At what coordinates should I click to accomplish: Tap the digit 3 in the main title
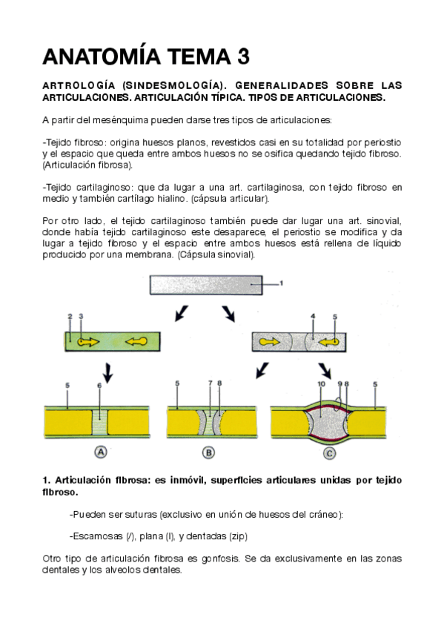[x=244, y=56]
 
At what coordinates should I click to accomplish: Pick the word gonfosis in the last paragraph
[x=220, y=559]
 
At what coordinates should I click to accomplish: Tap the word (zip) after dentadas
[x=238, y=536]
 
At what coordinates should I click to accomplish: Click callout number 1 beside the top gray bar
[x=282, y=283]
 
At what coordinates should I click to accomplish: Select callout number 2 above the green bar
[x=70, y=317]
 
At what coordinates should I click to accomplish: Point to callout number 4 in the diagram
[x=313, y=317]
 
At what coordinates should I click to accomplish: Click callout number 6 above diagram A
[x=99, y=386]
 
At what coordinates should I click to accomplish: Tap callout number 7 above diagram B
[x=211, y=383]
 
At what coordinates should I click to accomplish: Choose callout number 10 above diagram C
[x=322, y=384]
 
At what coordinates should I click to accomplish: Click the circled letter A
[x=101, y=452]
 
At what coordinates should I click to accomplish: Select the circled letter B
[x=208, y=452]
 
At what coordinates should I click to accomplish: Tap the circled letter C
[x=329, y=453]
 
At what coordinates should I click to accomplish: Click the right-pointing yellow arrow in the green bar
[x=88, y=342]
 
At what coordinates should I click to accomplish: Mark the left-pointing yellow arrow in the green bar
[x=136, y=342]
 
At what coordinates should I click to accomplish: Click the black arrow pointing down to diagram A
[x=107, y=373]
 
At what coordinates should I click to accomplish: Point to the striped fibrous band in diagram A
[x=100, y=422]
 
